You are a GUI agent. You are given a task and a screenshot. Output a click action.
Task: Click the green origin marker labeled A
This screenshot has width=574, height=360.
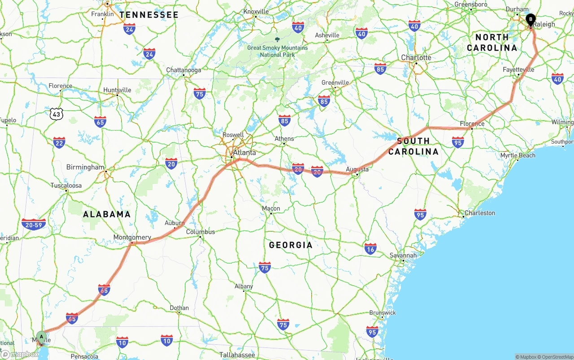41,336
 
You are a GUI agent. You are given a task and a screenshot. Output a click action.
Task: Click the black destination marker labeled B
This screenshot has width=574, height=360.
531,20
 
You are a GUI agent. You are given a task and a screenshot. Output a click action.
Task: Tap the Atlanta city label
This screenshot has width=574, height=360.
244,152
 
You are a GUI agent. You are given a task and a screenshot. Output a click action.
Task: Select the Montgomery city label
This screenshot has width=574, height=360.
132,237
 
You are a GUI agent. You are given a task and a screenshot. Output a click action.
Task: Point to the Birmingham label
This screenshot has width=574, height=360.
85,167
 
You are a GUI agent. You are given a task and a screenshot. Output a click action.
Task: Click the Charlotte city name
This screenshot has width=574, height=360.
416,57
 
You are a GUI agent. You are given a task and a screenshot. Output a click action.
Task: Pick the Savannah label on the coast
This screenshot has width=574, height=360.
403,255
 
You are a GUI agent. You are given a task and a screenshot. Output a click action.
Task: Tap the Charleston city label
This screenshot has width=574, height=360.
479,213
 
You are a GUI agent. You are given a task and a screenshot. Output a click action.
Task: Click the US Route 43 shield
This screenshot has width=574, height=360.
57,114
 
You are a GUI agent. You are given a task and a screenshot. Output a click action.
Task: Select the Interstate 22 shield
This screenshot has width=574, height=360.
59,143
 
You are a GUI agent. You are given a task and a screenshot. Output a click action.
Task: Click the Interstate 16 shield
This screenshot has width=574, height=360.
370,249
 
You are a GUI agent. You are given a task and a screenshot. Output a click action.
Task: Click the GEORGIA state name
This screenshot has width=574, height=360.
291,245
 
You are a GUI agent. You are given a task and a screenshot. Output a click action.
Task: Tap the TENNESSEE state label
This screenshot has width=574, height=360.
149,15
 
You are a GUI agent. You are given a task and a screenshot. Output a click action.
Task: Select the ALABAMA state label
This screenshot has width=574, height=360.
107,214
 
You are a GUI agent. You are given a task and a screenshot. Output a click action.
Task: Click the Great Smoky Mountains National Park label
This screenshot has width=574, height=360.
278,51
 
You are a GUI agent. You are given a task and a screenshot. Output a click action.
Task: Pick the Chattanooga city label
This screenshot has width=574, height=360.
183,70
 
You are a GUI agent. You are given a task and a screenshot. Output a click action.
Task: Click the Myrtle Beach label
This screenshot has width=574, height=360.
517,156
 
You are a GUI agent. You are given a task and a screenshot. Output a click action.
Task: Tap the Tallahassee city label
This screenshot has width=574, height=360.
237,355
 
